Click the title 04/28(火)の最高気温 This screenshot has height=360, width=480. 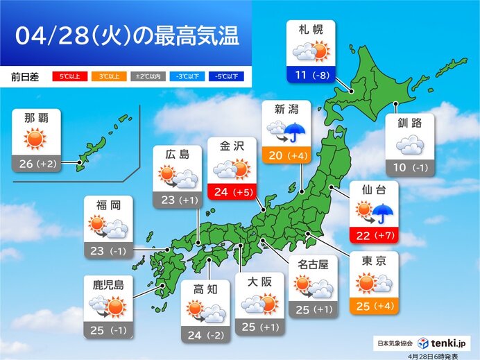coord(126,35)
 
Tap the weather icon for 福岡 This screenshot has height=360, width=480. coord(108,227)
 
